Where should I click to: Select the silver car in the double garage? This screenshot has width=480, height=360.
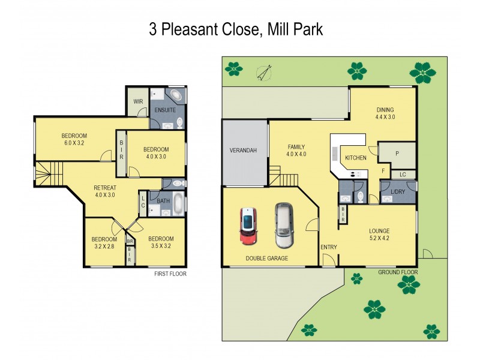pyautogui.click(x=284, y=225)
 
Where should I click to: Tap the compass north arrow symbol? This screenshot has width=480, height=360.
pyautogui.click(x=262, y=73)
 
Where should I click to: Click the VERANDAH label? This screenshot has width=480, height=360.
pyautogui.click(x=243, y=151)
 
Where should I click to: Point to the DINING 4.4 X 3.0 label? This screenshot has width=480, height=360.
pyautogui.click(x=385, y=113)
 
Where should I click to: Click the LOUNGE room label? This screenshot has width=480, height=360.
pyautogui.click(x=379, y=234)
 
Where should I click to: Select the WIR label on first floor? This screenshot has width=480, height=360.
pyautogui.click(x=137, y=102)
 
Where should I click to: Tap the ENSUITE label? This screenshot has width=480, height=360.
pyautogui.click(x=165, y=110)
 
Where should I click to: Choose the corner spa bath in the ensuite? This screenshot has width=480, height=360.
pyautogui.click(x=176, y=97)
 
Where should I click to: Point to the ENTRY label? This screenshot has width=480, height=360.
pyautogui.click(x=328, y=247)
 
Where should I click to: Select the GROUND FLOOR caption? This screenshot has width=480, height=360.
pyautogui.click(x=397, y=272)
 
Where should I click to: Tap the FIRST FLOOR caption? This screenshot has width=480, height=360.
pyautogui.click(x=170, y=274)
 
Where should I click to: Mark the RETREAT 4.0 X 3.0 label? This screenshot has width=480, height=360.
pyautogui.click(x=104, y=191)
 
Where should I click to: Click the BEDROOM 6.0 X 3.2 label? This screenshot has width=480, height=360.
pyautogui.click(x=74, y=139)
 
